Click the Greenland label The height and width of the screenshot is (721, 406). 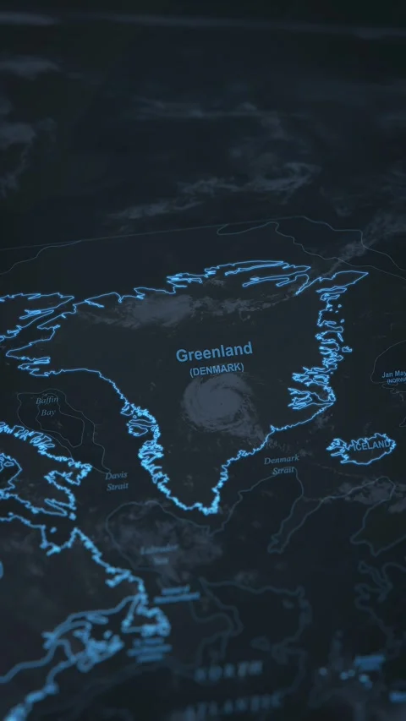[x=214, y=352]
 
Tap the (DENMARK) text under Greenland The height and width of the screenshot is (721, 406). [x=217, y=369]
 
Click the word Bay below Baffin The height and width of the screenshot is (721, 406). [x=49, y=412]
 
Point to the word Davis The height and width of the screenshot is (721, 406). [x=117, y=475]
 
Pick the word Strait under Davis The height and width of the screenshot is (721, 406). [x=118, y=486]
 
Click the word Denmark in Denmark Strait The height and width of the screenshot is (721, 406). [x=281, y=460]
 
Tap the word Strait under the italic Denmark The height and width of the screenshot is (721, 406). [x=283, y=470]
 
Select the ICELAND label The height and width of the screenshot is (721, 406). [x=371, y=445]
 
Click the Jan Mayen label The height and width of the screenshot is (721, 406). [x=394, y=374]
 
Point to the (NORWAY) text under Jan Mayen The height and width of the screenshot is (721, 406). [x=396, y=381]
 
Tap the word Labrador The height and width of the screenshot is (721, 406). [x=159, y=549]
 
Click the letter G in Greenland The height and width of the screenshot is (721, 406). [x=182, y=355]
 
